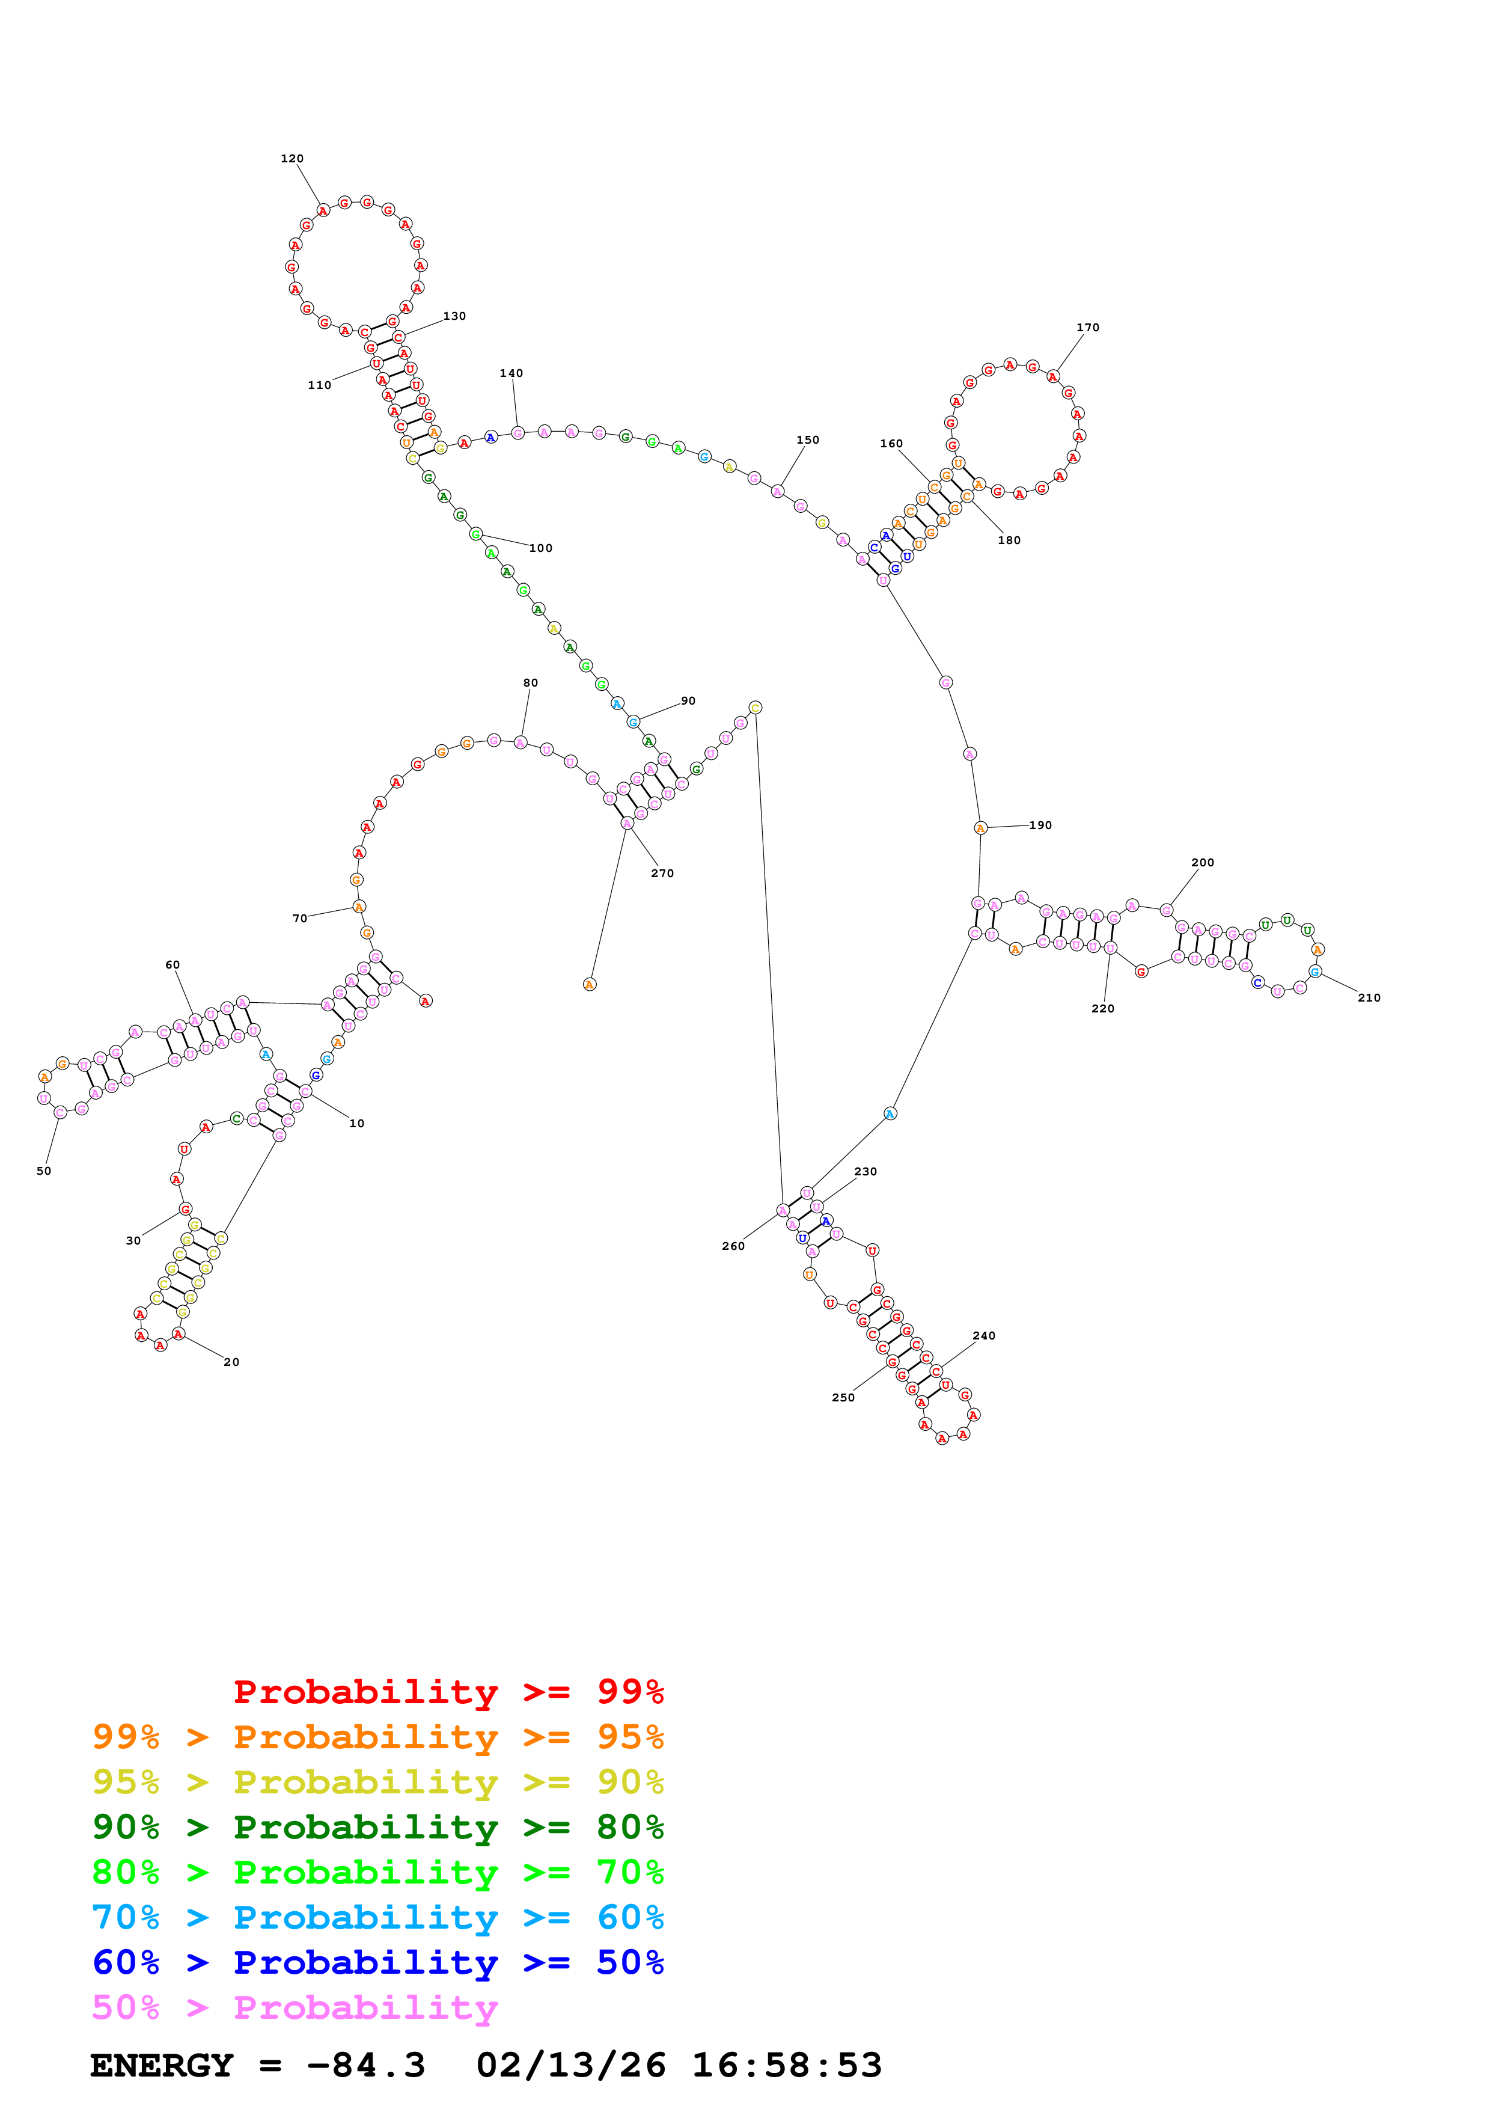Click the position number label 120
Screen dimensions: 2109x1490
(x=292, y=159)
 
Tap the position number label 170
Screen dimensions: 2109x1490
(x=1088, y=328)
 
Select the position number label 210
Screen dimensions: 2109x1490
(x=1369, y=997)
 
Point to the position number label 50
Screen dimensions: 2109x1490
(x=44, y=1171)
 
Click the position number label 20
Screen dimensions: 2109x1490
(x=231, y=1362)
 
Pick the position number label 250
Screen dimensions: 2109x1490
(x=843, y=1398)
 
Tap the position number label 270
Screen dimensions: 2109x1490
(x=662, y=874)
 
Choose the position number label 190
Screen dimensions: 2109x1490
(x=1040, y=825)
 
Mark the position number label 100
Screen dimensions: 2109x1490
(x=541, y=548)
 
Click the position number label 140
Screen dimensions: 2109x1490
(x=511, y=373)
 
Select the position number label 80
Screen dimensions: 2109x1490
(x=531, y=682)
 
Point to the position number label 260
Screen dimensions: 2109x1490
(x=733, y=1246)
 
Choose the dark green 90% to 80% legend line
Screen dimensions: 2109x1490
(x=377, y=1827)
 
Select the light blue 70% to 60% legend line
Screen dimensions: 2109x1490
(x=377, y=1917)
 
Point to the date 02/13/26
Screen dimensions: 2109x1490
(x=570, y=2065)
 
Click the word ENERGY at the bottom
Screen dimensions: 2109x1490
(x=162, y=2065)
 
